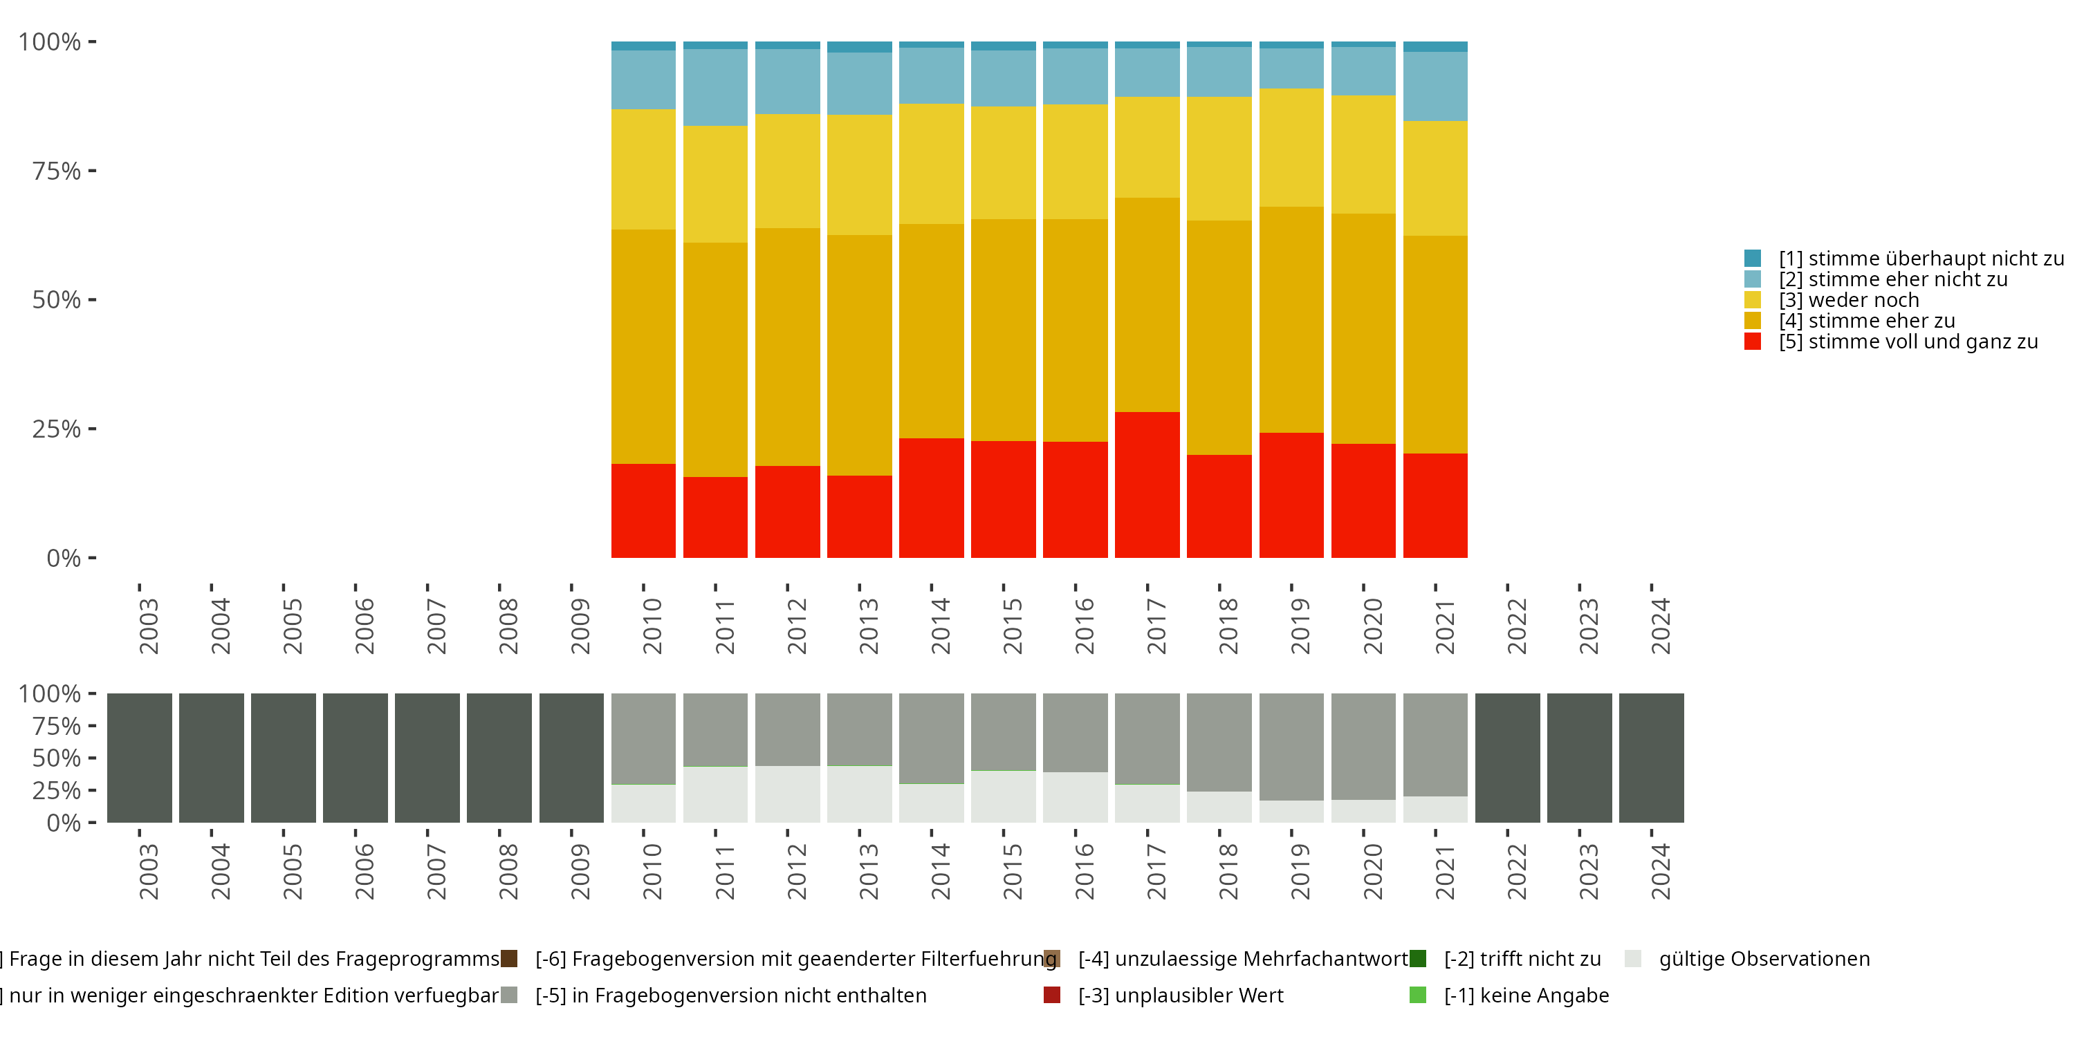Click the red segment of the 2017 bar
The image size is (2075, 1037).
pyautogui.click(x=1147, y=485)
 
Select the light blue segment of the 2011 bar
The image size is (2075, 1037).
pyautogui.click(x=715, y=87)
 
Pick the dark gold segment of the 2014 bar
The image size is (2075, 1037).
pyautogui.click(x=931, y=331)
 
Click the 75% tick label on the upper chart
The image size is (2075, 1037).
pyautogui.click(x=57, y=171)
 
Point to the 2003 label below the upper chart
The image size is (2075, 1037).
pyautogui.click(x=149, y=626)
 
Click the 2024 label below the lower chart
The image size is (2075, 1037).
pyautogui.click(x=1660, y=871)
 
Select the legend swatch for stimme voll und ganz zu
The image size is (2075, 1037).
pyautogui.click(x=1752, y=342)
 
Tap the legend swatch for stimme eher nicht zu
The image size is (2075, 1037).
pyautogui.click(x=1752, y=279)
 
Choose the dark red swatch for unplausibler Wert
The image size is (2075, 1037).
pyautogui.click(x=1051, y=995)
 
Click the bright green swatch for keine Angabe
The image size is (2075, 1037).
pyautogui.click(x=1418, y=995)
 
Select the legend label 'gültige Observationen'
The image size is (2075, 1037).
pyautogui.click(x=1764, y=959)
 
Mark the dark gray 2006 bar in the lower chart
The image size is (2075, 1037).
pyautogui.click(x=356, y=758)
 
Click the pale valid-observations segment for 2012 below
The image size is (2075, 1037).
pyautogui.click(x=787, y=794)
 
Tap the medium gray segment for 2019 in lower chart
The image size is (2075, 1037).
pyautogui.click(x=1291, y=747)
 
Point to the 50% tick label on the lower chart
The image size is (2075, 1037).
pyautogui.click(x=57, y=758)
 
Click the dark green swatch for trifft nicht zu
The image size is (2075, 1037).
pyautogui.click(x=1418, y=959)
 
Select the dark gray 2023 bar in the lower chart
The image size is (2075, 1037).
pyautogui.click(x=1579, y=758)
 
